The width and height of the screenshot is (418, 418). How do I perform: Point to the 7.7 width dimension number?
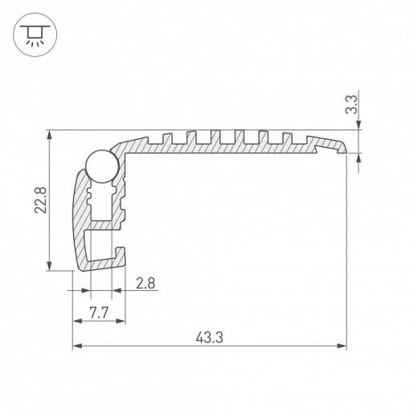(x=99, y=312)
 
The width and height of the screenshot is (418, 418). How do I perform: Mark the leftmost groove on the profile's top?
(x=170, y=135)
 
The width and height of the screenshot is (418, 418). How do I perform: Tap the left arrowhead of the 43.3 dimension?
(x=78, y=346)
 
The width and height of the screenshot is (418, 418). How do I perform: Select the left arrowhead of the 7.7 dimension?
(x=78, y=322)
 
